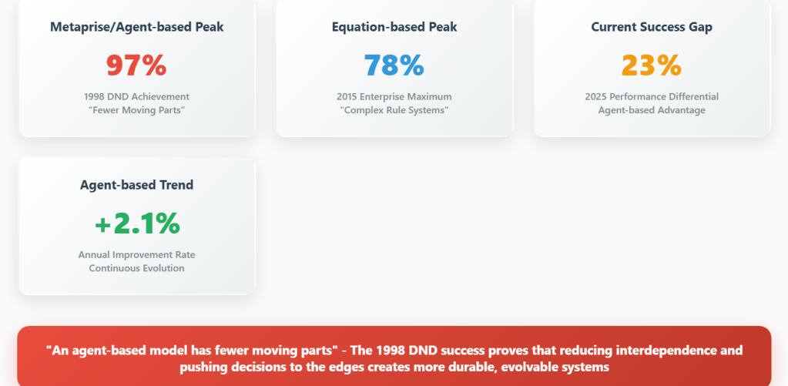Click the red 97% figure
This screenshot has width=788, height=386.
(136, 65)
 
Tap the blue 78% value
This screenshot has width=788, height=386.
(394, 65)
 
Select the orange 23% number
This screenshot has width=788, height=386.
(652, 65)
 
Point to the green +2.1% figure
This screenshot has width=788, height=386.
(136, 223)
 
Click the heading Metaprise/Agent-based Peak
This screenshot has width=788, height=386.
(136, 27)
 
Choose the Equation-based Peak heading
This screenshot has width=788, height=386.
(394, 27)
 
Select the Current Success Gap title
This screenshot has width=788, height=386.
(652, 27)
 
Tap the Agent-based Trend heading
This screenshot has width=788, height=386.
(136, 185)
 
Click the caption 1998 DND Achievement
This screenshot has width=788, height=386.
(136, 96)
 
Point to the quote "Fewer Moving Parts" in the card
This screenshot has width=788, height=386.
(136, 110)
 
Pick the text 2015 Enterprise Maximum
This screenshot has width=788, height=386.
(394, 96)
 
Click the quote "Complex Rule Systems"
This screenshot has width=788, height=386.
(394, 110)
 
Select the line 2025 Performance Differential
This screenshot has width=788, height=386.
(652, 96)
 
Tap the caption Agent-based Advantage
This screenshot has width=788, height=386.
(652, 110)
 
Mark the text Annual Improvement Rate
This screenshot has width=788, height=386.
(136, 255)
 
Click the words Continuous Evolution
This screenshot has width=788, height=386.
(136, 268)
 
